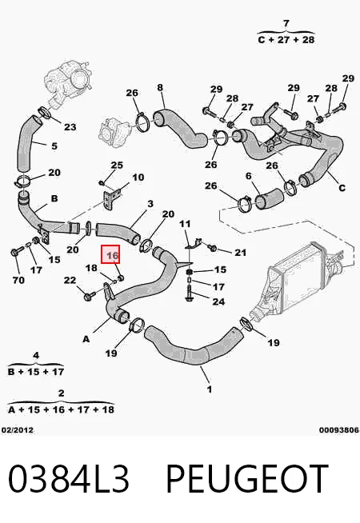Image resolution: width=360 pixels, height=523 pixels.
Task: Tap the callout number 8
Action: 160,87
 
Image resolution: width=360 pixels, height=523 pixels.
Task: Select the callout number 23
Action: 70,127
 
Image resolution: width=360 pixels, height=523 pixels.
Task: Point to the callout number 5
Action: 54,146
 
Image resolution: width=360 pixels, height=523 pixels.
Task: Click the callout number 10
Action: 138,177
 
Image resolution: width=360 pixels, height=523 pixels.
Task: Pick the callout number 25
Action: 117,165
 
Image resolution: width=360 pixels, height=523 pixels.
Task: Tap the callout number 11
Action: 185,223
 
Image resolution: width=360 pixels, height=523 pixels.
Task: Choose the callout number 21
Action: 240,253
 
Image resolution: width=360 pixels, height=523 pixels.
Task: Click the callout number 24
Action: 218,301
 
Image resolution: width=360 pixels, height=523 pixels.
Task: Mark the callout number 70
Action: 18,280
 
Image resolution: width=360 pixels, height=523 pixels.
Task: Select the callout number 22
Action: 70,280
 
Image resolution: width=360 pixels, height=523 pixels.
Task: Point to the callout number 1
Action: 210,389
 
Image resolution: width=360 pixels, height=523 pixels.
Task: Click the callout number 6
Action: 248,176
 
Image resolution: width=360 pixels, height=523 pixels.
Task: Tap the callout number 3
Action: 150,203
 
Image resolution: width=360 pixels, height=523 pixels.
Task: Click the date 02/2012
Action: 18,430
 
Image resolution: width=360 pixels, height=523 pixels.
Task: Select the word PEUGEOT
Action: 247,478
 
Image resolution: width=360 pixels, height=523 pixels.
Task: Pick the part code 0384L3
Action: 68,478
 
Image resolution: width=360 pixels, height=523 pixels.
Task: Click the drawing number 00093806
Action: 339,430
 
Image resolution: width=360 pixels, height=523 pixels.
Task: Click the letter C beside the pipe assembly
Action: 342,188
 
